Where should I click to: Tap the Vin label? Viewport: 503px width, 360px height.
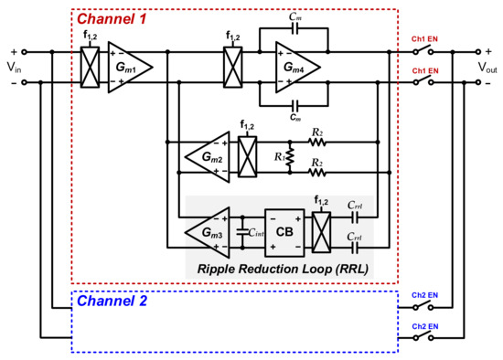tap(16, 68)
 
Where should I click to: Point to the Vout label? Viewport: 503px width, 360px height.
tap(482, 68)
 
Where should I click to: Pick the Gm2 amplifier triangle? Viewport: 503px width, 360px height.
tap(205, 154)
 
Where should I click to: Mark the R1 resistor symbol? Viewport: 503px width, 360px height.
tap(291, 155)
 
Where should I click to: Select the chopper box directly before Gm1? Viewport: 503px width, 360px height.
tap(88, 67)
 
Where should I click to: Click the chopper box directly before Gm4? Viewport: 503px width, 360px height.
tap(232, 67)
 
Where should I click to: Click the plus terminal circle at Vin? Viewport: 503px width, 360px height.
tap(25, 52)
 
